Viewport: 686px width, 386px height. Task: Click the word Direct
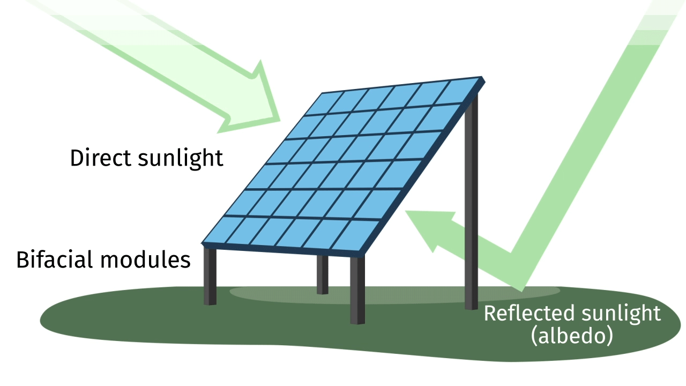[x=100, y=158]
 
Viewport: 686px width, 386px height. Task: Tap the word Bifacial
[x=55, y=259]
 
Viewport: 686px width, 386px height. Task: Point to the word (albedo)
[x=571, y=337]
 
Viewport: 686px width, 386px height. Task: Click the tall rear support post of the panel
[x=471, y=204]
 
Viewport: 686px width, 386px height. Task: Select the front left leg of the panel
[x=210, y=276]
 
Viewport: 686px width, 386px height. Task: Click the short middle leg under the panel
[x=322, y=274]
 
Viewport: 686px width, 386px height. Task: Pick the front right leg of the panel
[x=357, y=289]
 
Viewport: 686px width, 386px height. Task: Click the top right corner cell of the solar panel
[x=461, y=88]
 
